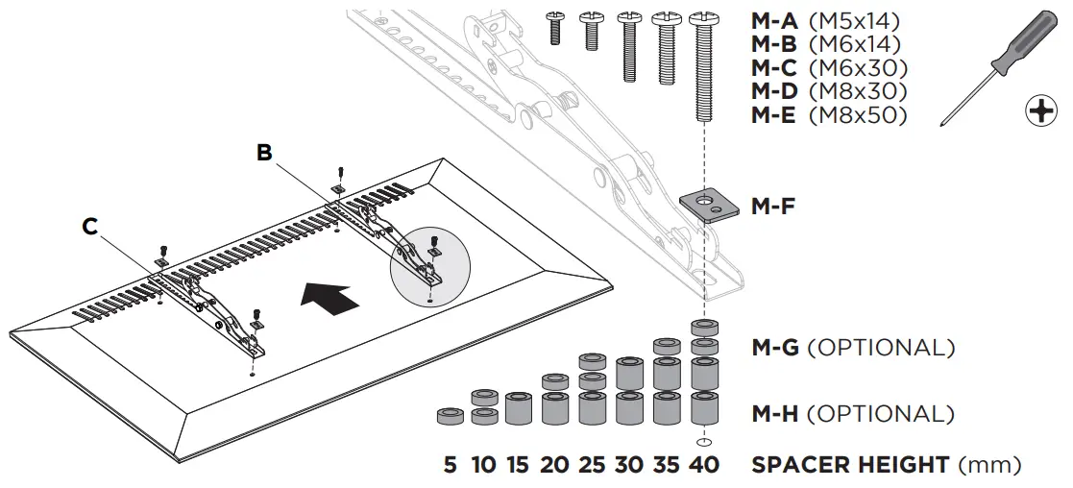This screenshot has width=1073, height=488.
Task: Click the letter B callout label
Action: coord(264,153)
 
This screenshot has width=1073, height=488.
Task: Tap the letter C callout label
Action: coord(89,227)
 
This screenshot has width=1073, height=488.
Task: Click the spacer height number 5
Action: coord(450,466)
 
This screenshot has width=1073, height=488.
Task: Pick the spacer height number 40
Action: coord(704,466)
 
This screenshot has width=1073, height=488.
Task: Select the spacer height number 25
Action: coord(593,466)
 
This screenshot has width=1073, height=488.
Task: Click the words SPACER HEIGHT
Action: coord(850,466)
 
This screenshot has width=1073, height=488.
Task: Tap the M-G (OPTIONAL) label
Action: coord(852,347)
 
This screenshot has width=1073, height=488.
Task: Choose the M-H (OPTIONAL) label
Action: coord(852,414)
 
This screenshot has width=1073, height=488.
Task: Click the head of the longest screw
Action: coord(702,18)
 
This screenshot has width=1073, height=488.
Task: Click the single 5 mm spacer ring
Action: coord(450,417)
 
